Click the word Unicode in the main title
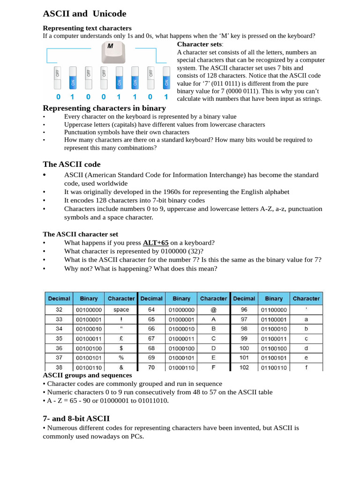(106, 14)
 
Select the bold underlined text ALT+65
(156, 242)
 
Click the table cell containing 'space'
(121, 310)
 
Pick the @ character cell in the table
(213, 310)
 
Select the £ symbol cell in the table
(121, 338)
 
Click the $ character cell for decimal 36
(121, 348)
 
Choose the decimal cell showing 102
(244, 367)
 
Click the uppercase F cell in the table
(213, 367)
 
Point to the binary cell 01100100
(274, 348)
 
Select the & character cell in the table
(121, 367)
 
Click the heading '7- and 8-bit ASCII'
(76, 418)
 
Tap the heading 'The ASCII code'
(71, 164)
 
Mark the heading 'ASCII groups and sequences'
(87, 375)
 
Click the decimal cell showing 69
(151, 358)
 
